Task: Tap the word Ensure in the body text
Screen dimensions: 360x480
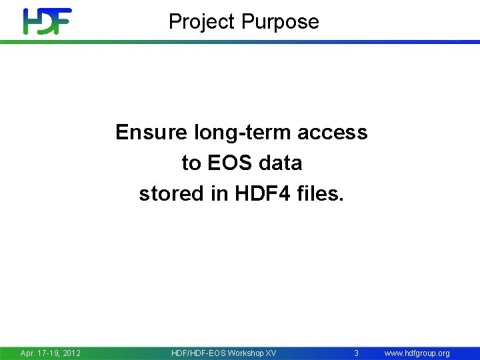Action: tap(152, 132)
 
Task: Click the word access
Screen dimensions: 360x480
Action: tap(333, 132)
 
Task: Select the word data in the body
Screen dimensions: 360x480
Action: tap(279, 163)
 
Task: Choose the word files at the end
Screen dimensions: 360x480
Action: tap(320, 193)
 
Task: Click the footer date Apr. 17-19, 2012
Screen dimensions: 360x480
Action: tap(51, 353)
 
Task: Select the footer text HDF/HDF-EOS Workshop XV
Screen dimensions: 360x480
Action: tap(223, 353)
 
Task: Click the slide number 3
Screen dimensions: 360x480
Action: tap(356, 353)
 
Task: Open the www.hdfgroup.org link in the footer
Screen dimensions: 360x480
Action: tap(417, 353)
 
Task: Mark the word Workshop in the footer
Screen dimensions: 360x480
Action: tap(245, 353)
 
